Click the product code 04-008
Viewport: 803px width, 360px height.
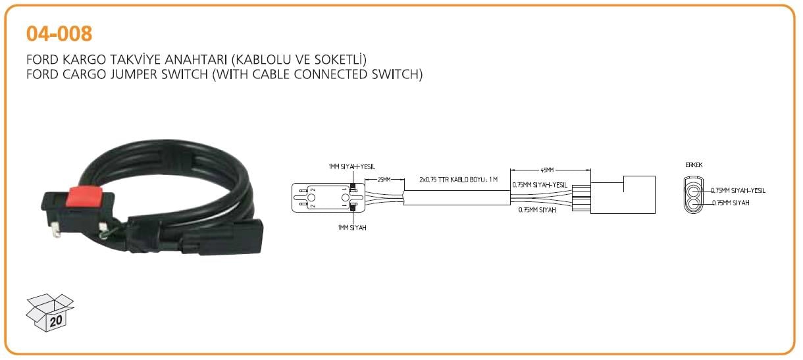click(59, 32)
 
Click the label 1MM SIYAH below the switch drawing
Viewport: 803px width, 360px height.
click(348, 227)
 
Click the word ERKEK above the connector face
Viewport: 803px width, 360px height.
click(693, 165)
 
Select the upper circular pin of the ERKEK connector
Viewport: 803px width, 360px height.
click(694, 192)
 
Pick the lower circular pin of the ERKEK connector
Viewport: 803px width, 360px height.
click(694, 204)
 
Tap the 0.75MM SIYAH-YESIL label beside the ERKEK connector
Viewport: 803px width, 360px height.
click(738, 191)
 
